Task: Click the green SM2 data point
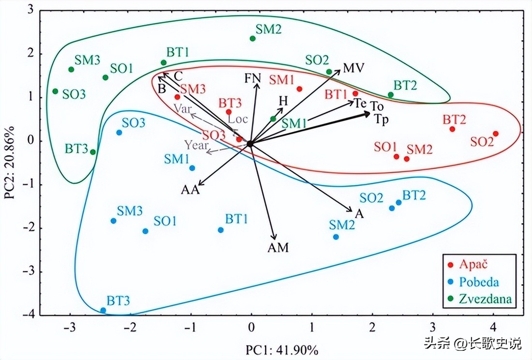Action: pyautogui.click(x=252, y=39)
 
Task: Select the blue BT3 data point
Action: pyautogui.click(x=103, y=310)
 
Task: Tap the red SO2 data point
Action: pyautogui.click(x=495, y=134)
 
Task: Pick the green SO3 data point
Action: pyautogui.click(x=55, y=91)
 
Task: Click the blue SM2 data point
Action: pyautogui.click(x=336, y=237)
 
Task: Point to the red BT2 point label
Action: pyautogui.click(x=454, y=120)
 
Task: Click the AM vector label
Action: pyautogui.click(x=278, y=248)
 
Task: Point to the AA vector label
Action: pyautogui.click(x=190, y=190)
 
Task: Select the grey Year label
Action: pyautogui.click(x=196, y=144)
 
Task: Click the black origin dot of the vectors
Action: pyautogui.click(x=250, y=143)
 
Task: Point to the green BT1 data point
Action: pyautogui.click(x=163, y=62)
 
